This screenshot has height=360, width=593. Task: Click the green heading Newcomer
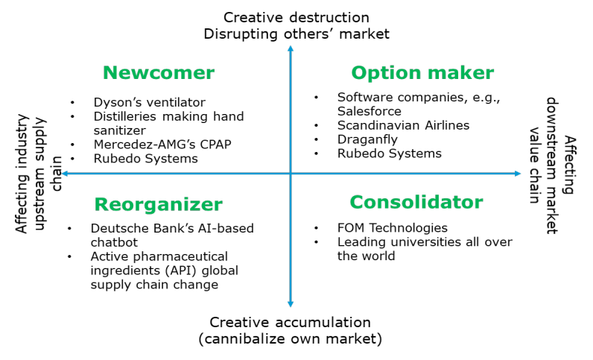tap(159, 73)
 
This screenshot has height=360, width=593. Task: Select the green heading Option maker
tap(422, 73)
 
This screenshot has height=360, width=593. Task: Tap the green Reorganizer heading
tap(159, 205)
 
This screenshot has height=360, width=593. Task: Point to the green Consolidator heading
tap(416, 202)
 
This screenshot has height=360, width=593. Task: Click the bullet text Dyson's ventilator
tap(150, 102)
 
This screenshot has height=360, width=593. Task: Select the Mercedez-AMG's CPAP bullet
tap(162, 145)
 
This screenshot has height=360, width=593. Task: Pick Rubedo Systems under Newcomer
tap(145, 158)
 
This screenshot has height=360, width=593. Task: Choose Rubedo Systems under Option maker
tap(389, 154)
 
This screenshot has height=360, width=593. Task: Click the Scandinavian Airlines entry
tap(403, 125)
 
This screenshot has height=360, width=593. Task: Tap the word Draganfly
tap(367, 139)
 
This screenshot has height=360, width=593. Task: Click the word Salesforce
tap(369, 111)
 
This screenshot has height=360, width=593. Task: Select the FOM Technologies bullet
tap(392, 228)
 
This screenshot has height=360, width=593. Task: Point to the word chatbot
tap(114, 242)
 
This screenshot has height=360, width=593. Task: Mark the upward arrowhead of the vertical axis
tap(291, 48)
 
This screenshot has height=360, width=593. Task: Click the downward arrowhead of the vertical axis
tap(291, 304)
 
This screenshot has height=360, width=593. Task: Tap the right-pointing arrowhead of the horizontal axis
tap(518, 174)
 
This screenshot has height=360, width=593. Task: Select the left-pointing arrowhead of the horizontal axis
tap(65, 174)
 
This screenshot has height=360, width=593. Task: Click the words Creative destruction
tap(296, 17)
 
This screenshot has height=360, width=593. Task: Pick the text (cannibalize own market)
tap(290, 338)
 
